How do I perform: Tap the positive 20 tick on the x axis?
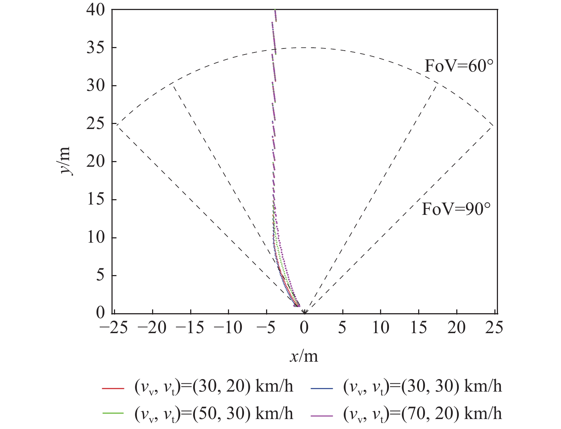457,327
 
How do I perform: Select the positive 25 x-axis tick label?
495,327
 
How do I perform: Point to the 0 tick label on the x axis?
304,327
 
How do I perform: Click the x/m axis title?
303,356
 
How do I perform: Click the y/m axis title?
65,161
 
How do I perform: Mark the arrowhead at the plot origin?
305,312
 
